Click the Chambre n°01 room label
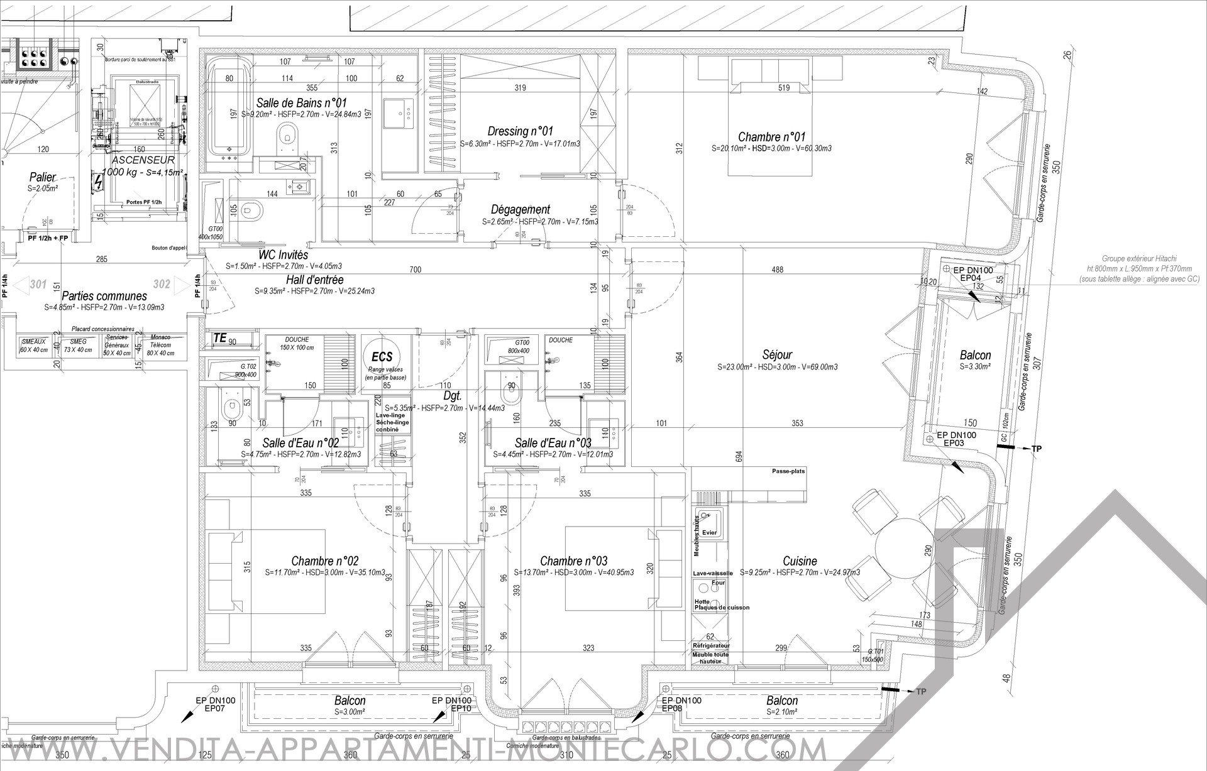click(x=771, y=137)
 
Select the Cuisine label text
click(x=800, y=561)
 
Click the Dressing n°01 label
click(x=520, y=131)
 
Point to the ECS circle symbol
click(x=382, y=356)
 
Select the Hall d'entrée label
click(x=314, y=280)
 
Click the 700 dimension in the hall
click(x=415, y=270)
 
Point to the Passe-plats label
click(x=788, y=471)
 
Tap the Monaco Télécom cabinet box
click(x=161, y=345)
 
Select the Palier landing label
click(x=43, y=178)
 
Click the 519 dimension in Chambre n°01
click(x=783, y=88)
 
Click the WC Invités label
click(x=284, y=255)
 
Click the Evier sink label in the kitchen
click(x=709, y=532)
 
